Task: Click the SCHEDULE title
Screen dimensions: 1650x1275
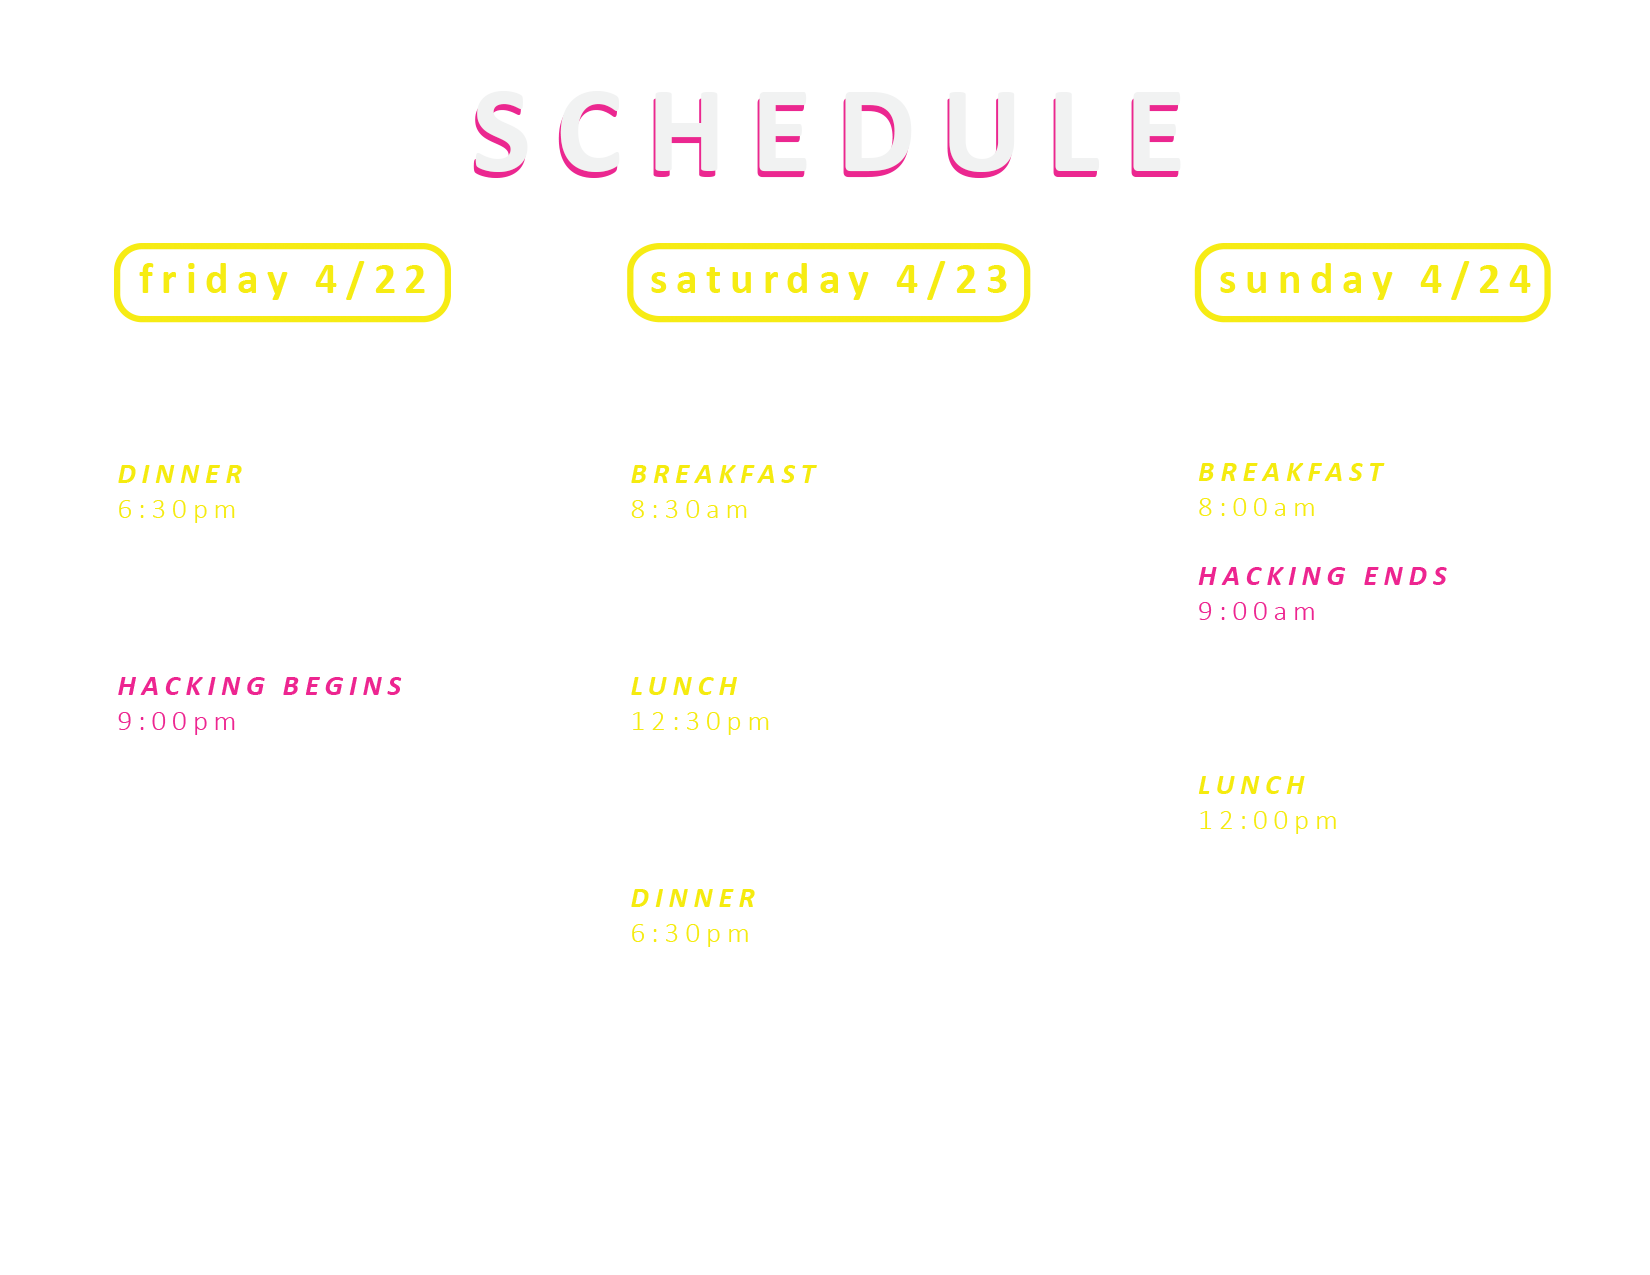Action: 826,134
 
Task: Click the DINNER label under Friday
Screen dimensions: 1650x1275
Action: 181,475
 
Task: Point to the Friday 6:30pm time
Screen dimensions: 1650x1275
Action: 177,510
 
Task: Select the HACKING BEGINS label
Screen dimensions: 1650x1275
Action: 260,686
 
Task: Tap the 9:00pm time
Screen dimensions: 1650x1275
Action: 177,722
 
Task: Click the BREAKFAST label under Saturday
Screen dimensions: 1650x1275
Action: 724,475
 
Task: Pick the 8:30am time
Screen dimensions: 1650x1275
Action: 690,510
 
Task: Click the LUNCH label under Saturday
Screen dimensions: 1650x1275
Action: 685,686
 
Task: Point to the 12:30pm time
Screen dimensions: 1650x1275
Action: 701,722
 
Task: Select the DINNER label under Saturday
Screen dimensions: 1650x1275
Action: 694,898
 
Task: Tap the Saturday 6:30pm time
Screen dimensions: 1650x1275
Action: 690,934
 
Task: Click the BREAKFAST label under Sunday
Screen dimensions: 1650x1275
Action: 1291,472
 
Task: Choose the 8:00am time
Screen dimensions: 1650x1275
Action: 1257,508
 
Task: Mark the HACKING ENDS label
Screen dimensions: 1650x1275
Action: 1323,576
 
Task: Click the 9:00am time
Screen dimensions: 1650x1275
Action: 1257,612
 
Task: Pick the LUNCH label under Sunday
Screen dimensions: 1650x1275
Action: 1252,785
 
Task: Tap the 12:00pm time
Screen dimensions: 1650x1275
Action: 1268,821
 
